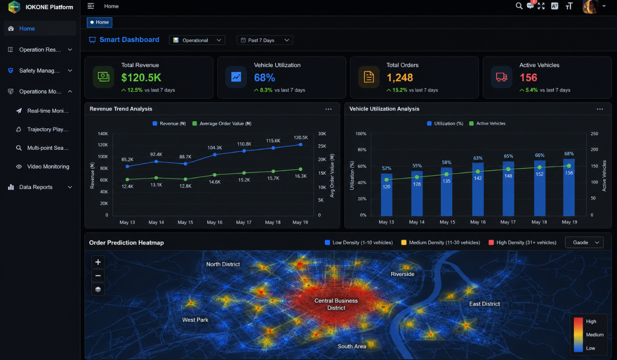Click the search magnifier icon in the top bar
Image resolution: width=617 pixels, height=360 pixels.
coord(519,6)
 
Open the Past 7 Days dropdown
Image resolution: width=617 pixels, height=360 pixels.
coord(264,40)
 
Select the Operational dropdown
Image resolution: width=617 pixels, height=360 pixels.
coord(197,40)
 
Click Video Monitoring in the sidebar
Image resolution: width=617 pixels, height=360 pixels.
coord(48,166)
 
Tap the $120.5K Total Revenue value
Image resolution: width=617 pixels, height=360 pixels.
coord(141,77)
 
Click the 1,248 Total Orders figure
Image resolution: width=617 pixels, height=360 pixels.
coord(400,77)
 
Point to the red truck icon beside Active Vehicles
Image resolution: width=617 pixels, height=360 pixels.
coord(501,77)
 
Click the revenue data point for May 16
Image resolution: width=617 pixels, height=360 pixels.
coord(215,154)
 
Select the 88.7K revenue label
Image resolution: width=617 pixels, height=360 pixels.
coord(185,157)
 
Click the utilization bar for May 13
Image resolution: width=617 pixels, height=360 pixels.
coord(387,194)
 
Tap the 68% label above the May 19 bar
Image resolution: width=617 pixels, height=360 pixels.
coord(569,154)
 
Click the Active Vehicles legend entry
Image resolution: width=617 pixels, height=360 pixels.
coord(487,123)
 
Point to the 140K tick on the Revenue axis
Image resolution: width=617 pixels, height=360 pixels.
coord(103,134)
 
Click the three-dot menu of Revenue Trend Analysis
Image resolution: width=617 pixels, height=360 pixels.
coord(329,109)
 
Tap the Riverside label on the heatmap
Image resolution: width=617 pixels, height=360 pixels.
coord(403,274)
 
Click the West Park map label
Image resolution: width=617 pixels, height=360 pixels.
coord(195,320)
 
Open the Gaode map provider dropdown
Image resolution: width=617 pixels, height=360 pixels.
coord(584,242)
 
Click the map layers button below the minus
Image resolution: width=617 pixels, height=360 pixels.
coord(98,289)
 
